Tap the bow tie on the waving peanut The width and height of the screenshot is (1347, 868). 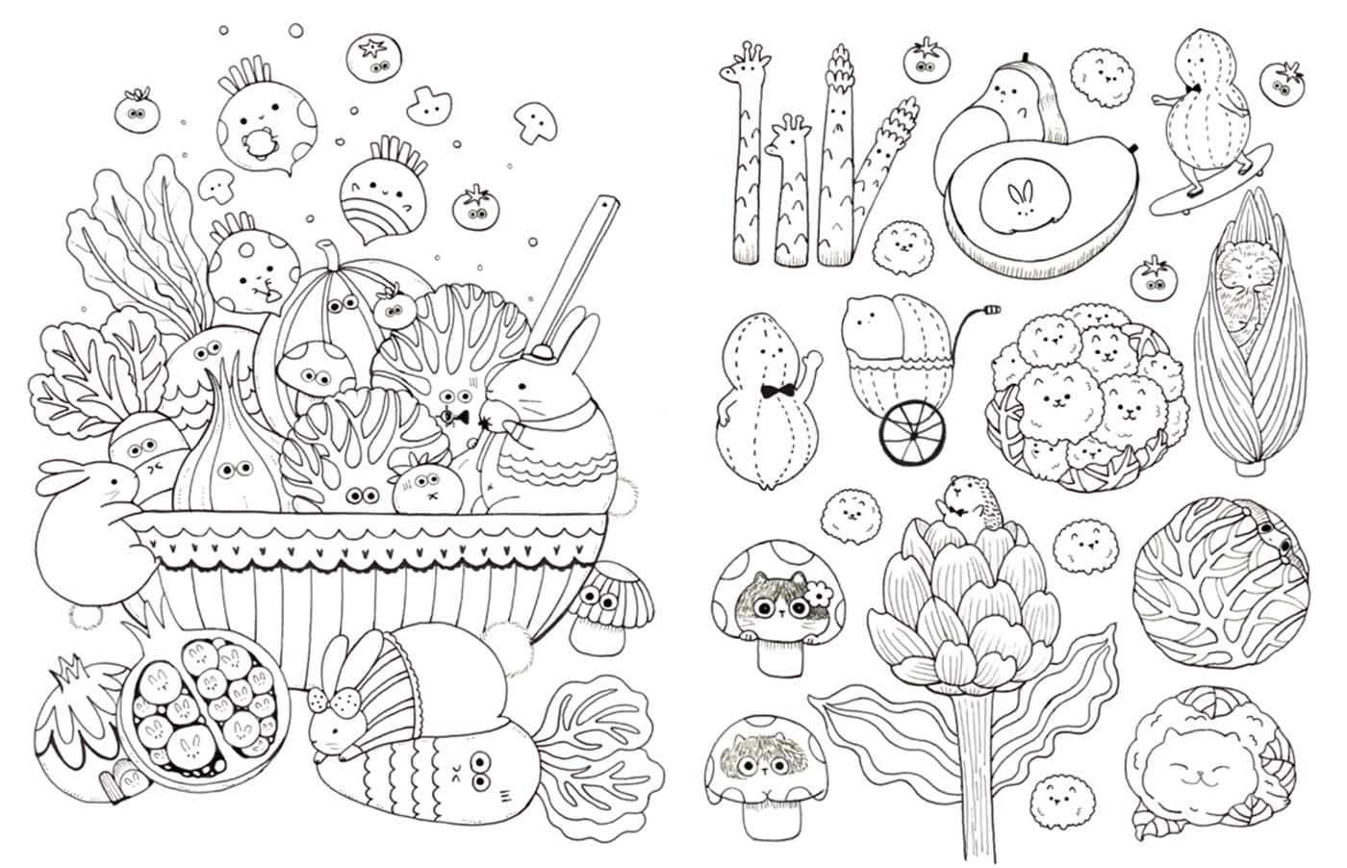point(770,392)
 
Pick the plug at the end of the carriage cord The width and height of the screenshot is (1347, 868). point(992,311)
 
